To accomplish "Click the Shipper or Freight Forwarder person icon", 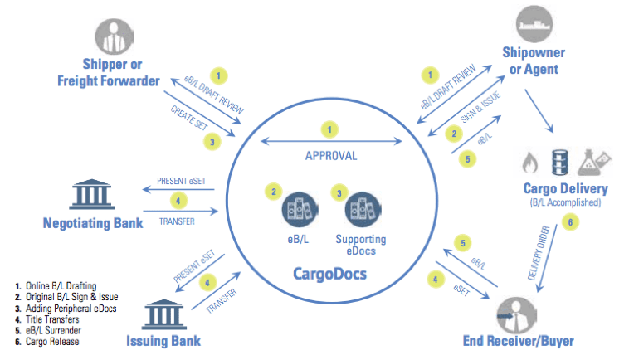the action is tap(115, 36).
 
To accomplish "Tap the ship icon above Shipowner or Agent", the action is tap(534, 24).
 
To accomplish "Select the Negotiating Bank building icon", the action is tap(92, 194).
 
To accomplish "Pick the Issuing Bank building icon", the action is tap(163, 314).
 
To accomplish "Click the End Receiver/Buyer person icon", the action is tap(516, 315).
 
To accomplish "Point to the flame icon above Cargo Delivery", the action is tap(530, 163).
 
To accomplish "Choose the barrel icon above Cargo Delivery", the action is tap(560, 162).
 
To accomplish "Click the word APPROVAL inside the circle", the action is tap(331, 156).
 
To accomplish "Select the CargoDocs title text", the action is tap(329, 274).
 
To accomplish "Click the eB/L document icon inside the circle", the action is tap(300, 210).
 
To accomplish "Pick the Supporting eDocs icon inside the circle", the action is tap(363, 210).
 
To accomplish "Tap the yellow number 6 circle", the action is tap(570, 222).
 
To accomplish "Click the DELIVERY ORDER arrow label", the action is tap(539, 252).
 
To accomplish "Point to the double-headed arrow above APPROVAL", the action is tap(331, 141).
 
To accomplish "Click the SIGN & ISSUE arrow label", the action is tap(480, 107).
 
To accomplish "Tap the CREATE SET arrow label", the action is tap(189, 118).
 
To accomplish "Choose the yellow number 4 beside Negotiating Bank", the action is tap(178, 201).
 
